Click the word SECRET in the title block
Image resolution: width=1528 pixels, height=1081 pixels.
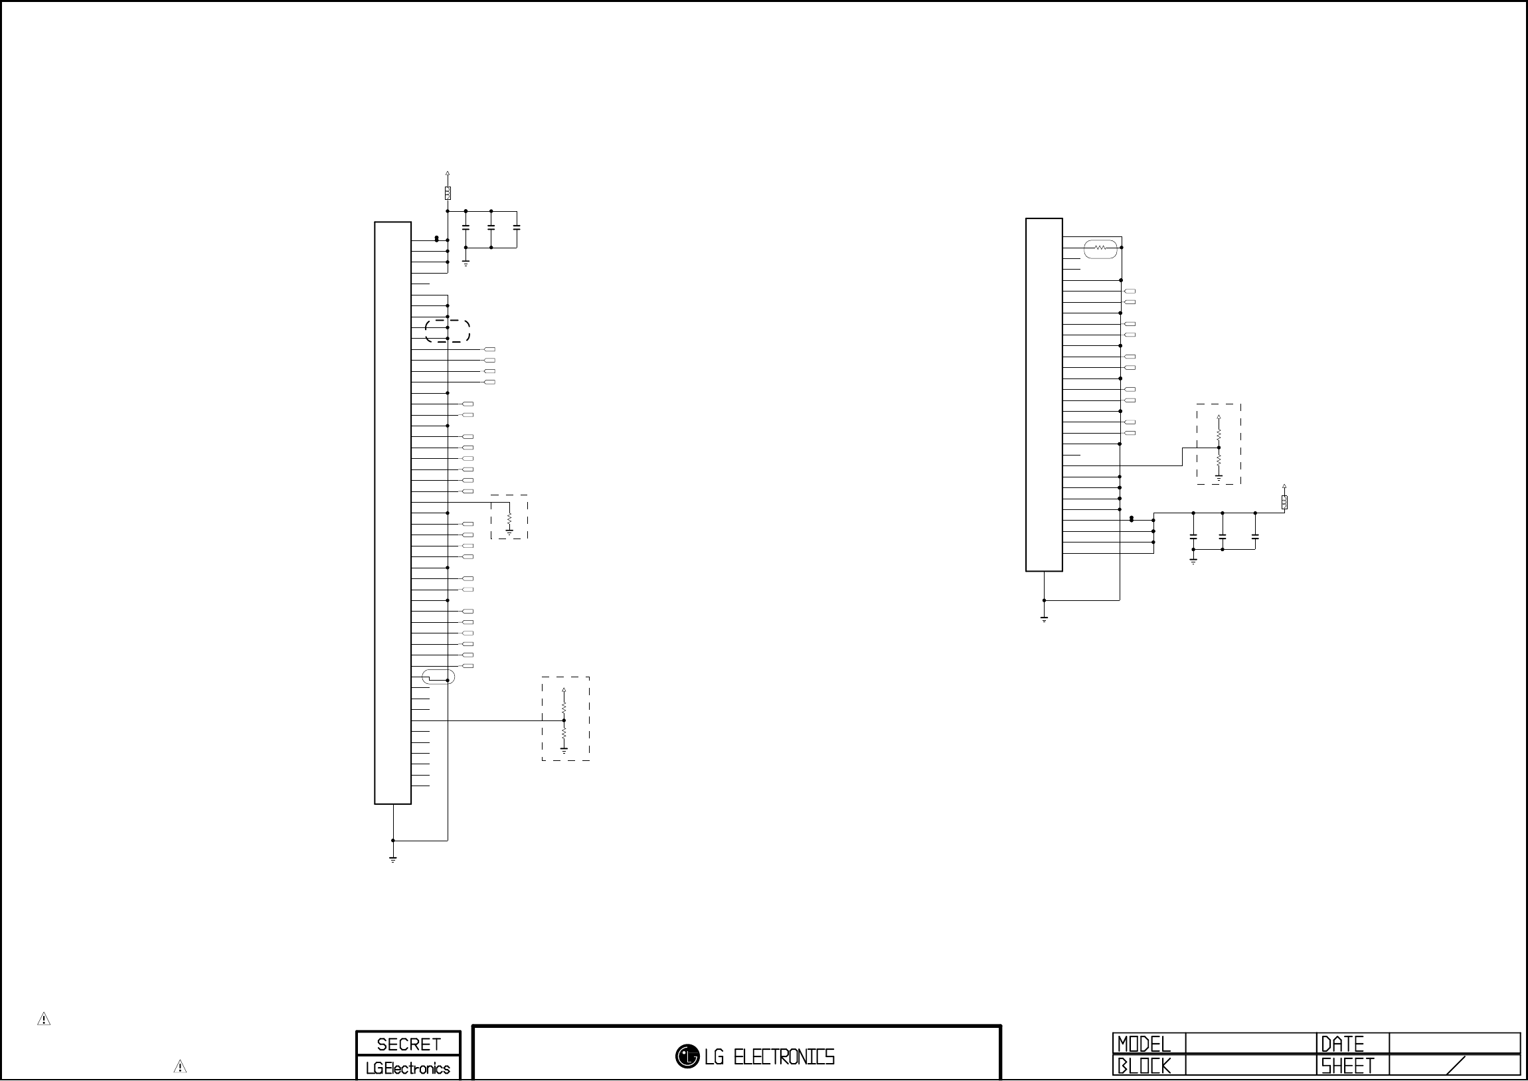point(408,1044)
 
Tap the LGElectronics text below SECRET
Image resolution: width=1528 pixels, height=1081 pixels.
point(408,1068)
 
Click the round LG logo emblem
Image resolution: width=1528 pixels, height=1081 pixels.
point(687,1056)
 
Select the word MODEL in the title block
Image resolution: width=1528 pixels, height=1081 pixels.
point(1144,1044)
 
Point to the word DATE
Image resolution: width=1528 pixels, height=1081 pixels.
point(1342,1044)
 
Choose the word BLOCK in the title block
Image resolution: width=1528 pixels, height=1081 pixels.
point(1144,1066)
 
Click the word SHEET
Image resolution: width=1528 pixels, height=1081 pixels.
point(1347,1066)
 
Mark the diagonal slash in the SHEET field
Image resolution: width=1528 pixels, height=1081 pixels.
point(1456,1066)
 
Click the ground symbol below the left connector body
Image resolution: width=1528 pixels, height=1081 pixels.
point(393,859)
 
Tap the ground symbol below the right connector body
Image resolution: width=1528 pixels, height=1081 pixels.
point(1044,619)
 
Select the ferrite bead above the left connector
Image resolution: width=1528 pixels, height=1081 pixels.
point(448,193)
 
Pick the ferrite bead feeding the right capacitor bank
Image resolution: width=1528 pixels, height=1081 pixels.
point(1284,502)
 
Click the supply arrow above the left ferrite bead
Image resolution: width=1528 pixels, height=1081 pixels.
point(448,175)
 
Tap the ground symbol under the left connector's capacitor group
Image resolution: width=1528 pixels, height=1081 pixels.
point(466,263)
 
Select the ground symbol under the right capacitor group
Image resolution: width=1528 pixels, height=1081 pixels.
point(1193,561)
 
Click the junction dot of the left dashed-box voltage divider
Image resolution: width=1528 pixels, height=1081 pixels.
point(564,720)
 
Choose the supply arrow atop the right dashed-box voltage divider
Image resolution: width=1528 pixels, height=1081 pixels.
point(1219,418)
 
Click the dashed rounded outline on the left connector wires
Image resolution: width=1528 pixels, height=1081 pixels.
point(448,331)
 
